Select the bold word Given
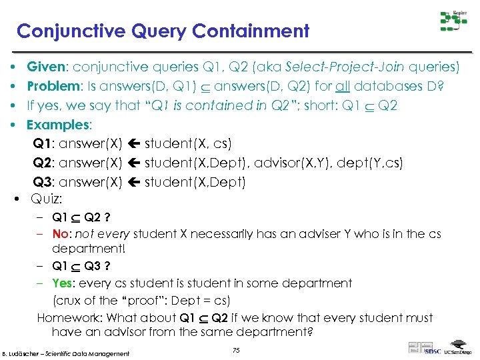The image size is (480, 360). click(45, 67)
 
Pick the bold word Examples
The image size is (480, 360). click(57, 125)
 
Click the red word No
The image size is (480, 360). click(61, 234)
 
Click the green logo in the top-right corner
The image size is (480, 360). click(453, 21)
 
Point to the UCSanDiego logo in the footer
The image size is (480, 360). click(457, 351)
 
